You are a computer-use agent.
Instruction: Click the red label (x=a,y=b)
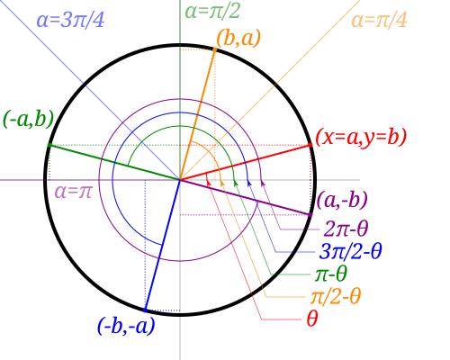[361, 137]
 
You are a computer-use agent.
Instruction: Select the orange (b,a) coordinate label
[238, 38]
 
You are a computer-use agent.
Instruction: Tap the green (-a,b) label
[29, 119]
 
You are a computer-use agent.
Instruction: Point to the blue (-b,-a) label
[126, 326]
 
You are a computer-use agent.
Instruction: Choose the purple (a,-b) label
[342, 200]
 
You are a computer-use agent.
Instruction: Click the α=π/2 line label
[212, 12]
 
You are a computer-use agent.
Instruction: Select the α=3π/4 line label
[70, 21]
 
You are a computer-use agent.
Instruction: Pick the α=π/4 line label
[379, 21]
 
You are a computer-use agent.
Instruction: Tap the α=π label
[73, 192]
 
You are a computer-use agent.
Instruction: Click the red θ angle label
[312, 319]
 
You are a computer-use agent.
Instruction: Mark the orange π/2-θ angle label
[336, 296]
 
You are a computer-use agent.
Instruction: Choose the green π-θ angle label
[331, 274]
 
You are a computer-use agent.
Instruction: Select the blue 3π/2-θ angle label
[350, 251]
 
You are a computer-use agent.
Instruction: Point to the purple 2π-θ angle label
[346, 229]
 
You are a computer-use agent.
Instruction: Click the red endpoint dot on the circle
[310, 145]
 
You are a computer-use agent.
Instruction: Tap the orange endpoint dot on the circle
[215, 49]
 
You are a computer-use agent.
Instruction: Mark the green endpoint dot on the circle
[49, 145]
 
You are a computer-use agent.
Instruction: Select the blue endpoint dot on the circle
[145, 310]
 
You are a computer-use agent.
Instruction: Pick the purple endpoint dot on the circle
[310, 215]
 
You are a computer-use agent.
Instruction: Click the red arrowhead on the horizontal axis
[208, 182]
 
